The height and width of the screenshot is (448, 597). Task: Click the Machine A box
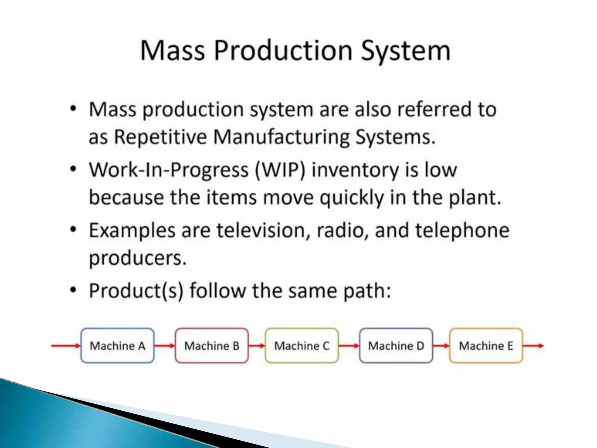coord(117,346)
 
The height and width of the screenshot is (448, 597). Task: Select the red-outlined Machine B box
coord(212,346)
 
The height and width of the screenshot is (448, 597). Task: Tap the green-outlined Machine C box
coord(302,346)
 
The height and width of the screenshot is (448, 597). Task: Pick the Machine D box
coord(396,346)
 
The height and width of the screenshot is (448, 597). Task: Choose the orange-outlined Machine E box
coord(486,346)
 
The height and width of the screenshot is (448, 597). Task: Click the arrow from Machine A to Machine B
coord(164,346)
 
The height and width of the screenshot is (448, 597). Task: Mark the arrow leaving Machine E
coord(533,346)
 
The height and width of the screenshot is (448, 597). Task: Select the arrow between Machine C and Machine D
coord(349,346)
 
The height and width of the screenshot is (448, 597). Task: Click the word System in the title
coord(406,51)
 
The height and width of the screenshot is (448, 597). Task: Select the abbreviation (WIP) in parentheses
coord(280,170)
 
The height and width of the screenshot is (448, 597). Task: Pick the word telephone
coord(462,231)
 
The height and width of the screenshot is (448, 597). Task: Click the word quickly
coord(352,198)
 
